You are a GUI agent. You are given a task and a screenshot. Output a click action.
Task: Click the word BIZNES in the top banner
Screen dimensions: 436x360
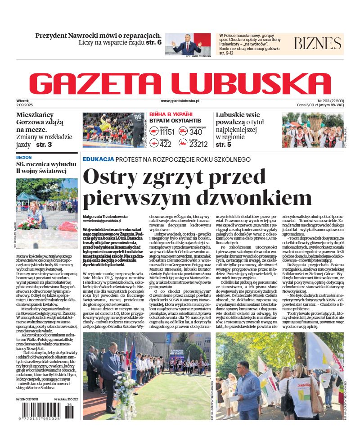coord(317,44)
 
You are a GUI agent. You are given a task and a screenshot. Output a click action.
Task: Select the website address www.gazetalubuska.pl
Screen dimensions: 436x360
coord(180,102)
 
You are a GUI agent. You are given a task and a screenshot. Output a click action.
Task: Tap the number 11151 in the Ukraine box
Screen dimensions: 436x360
coord(167,132)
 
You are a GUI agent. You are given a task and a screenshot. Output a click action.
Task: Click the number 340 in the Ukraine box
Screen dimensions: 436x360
coord(196,132)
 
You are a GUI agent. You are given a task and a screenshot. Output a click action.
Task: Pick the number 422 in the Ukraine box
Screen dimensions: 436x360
coord(166,144)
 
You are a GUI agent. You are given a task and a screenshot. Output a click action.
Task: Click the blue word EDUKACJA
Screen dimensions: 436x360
coord(98,159)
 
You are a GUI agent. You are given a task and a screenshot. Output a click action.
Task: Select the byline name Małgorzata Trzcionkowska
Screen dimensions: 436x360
coord(105,216)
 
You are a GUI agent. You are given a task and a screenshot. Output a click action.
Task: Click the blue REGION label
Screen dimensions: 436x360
coord(24,158)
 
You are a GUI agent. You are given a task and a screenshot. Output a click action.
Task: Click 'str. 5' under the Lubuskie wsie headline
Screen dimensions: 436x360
coord(223,145)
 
